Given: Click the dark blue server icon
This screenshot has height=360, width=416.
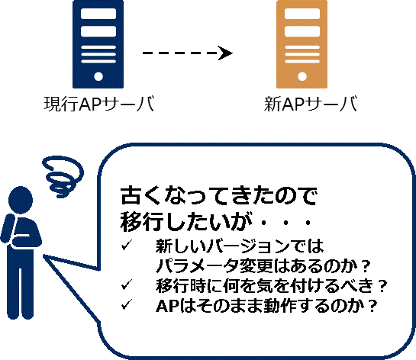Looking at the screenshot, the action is [x=98, y=44].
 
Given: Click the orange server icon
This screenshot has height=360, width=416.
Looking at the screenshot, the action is [x=302, y=44].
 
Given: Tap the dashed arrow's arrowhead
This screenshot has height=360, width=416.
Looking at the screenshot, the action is [x=225, y=53].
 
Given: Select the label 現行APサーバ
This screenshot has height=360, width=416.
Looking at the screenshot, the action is [x=99, y=104].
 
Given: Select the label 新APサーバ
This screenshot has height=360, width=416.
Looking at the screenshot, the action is [x=311, y=104].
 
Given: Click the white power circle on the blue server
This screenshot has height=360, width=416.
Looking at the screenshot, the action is [x=98, y=76].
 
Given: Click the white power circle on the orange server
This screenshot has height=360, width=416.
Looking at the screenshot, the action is [x=302, y=76].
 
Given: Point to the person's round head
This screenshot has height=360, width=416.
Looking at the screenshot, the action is [x=21, y=200].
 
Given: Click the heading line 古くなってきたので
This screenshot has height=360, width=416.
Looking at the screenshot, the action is [x=218, y=196].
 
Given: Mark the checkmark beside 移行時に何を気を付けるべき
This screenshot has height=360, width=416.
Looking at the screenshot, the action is [x=127, y=284].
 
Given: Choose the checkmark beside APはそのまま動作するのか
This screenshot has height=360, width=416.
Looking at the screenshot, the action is [x=127, y=304].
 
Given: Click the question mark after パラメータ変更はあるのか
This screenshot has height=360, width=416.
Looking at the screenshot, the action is [x=366, y=266].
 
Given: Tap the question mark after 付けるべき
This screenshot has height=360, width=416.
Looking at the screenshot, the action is [x=382, y=286].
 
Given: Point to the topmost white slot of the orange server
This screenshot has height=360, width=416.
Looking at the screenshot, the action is [x=302, y=14].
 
